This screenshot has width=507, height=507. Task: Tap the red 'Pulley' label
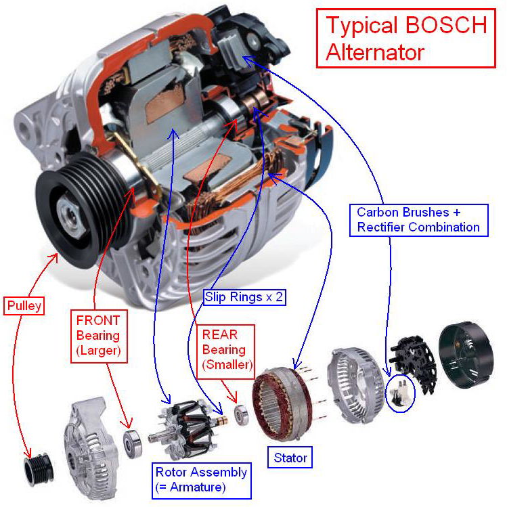[x=24, y=306]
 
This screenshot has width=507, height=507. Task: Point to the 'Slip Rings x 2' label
[x=243, y=296]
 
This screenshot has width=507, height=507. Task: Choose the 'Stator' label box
[x=290, y=458]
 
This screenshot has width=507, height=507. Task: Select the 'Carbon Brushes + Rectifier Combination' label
[x=418, y=219]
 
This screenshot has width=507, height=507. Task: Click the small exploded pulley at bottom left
[x=33, y=466]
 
